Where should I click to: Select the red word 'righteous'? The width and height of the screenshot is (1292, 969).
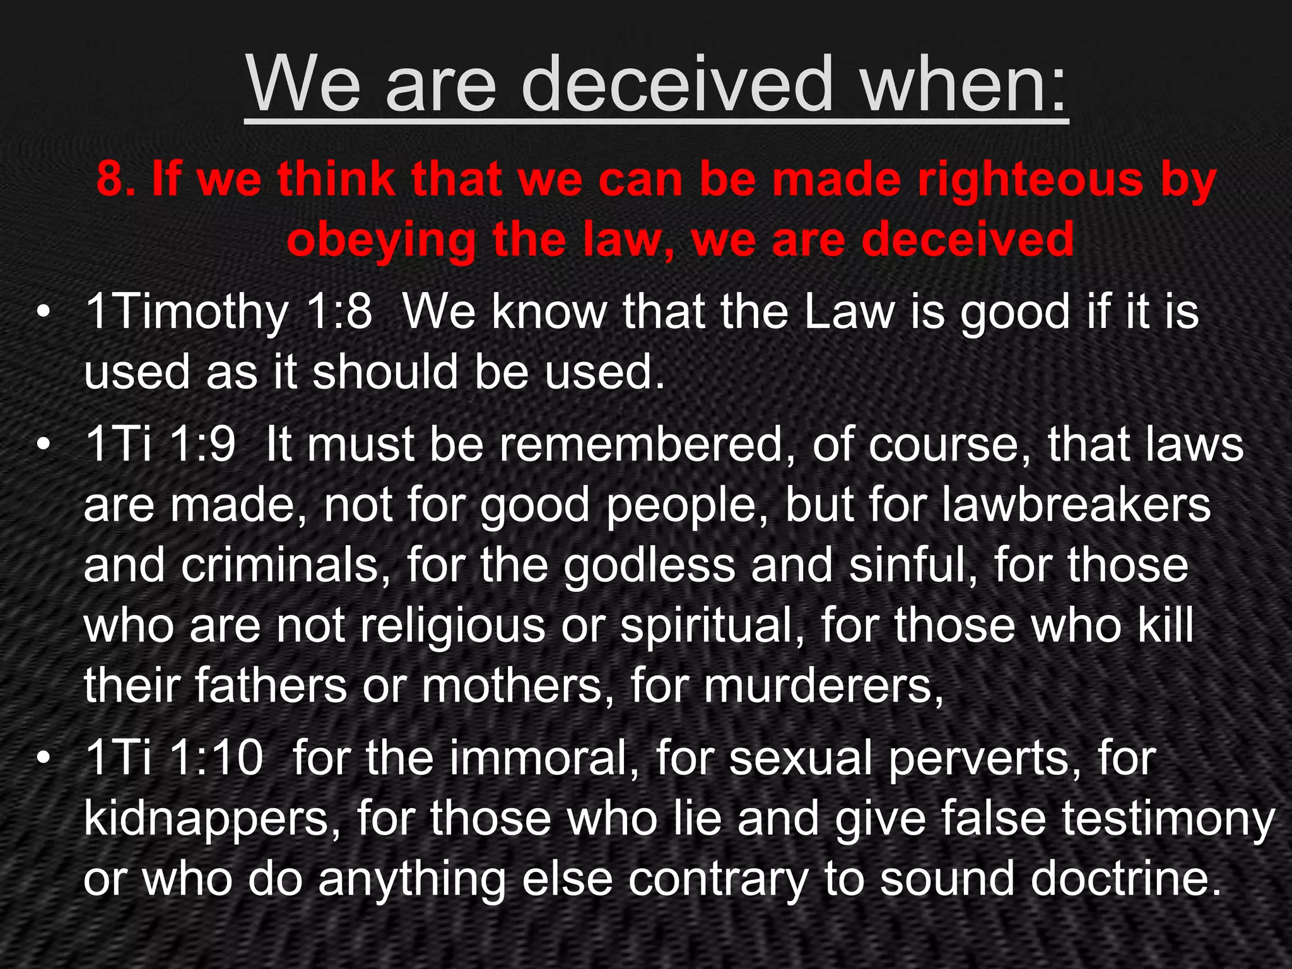pyautogui.click(x=1029, y=179)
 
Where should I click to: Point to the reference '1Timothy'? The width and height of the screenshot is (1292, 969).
pyautogui.click(x=187, y=312)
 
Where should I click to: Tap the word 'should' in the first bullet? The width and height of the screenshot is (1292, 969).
pyautogui.click(x=385, y=372)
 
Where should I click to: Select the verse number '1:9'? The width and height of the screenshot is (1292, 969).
pyautogui.click(x=202, y=444)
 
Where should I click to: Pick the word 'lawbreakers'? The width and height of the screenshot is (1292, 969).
pyautogui.click(x=1076, y=505)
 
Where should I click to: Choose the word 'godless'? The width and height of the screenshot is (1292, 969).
pyautogui.click(x=649, y=565)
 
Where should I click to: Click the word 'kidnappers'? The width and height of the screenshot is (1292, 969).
pyautogui.click(x=212, y=818)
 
